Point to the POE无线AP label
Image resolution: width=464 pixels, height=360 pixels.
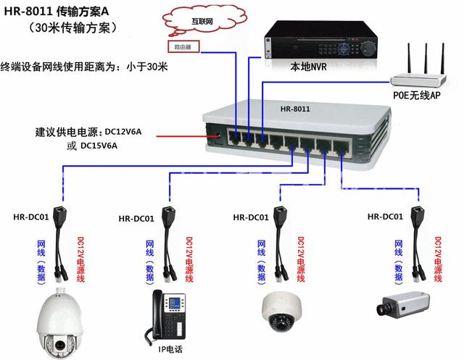click(x=419, y=94)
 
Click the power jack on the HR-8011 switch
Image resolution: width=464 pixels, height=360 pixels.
click(x=215, y=134)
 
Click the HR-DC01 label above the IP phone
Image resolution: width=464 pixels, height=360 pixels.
click(x=136, y=218)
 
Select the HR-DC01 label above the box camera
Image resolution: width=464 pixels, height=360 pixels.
click(x=384, y=217)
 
